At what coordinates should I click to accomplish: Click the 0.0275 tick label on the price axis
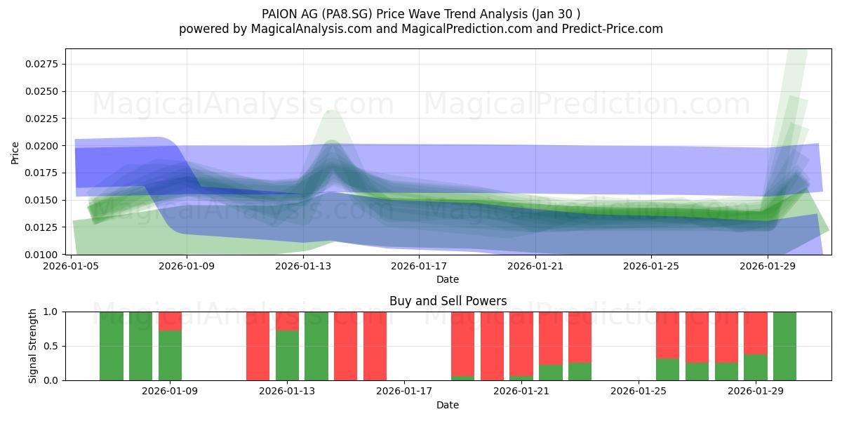click(41, 64)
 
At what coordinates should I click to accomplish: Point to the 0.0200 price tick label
click(41, 146)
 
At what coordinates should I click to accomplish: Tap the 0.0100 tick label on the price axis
click(41, 255)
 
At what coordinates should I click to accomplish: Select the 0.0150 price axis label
click(41, 201)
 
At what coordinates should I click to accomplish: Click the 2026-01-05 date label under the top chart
click(71, 266)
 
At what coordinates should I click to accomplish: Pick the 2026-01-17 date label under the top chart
click(419, 266)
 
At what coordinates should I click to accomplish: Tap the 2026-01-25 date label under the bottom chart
click(639, 392)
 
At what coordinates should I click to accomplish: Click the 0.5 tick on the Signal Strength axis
click(51, 346)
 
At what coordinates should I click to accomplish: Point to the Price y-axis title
click(15, 153)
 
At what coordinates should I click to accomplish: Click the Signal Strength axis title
click(33, 346)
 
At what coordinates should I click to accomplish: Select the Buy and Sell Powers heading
click(448, 301)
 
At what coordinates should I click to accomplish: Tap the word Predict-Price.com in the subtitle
click(613, 29)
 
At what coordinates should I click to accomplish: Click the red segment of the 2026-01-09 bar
click(170, 321)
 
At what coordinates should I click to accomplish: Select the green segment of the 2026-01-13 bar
click(287, 356)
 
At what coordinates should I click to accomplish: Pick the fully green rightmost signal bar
click(785, 346)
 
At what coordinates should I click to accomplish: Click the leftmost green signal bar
click(112, 346)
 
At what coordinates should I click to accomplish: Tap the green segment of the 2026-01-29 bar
click(756, 368)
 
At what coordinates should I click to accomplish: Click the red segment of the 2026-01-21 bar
click(521, 344)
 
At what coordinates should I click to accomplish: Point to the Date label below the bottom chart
click(448, 405)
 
